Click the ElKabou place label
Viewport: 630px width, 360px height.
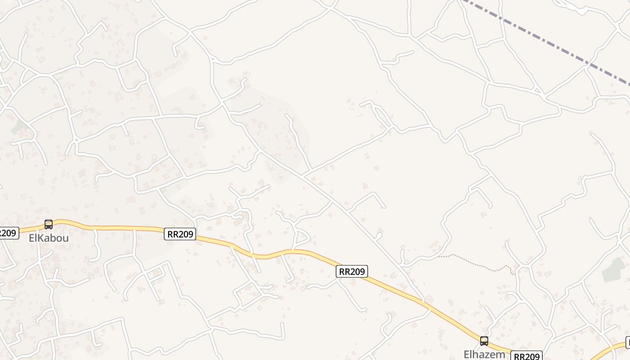point(49,238)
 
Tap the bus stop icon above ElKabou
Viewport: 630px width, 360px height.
point(49,224)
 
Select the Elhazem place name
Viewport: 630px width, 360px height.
point(484,354)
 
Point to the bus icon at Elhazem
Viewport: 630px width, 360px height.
point(484,341)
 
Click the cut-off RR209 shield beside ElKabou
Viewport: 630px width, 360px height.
point(8,233)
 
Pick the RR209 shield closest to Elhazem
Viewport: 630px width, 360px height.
point(526,356)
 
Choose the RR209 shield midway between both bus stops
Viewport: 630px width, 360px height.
point(352,271)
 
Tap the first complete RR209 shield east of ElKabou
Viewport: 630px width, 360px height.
point(180,234)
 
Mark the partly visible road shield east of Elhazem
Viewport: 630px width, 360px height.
point(628,342)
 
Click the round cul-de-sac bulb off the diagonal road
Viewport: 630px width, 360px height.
point(379,235)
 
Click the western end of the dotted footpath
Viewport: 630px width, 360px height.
point(439,256)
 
